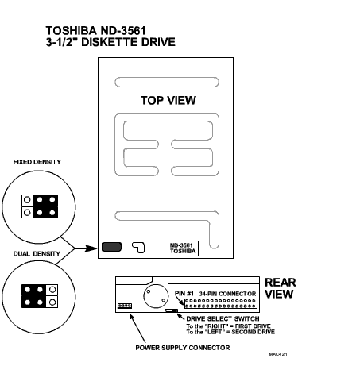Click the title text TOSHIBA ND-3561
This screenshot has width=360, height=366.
tap(96, 31)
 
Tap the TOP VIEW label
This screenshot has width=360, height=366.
tap(168, 100)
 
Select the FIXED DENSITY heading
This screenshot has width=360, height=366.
tap(37, 162)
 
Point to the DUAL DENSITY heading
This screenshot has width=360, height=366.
tap(37, 254)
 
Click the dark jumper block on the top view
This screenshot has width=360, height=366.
tap(112, 247)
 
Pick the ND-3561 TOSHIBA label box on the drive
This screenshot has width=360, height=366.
tap(183, 248)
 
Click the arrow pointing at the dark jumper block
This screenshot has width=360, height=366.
tap(87, 248)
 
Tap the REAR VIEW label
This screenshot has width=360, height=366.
tap(281, 288)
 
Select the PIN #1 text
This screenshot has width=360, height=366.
tap(184, 294)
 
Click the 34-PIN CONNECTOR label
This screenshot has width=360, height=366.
tap(227, 294)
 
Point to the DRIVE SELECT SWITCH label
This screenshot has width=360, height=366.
tap(223, 318)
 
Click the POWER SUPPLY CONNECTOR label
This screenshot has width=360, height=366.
tap(183, 348)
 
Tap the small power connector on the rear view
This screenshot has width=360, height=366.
tap(125, 306)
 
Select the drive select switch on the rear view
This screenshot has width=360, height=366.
tap(171, 310)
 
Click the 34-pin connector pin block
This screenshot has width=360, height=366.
tap(221, 303)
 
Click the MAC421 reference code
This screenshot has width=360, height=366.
tap(278, 354)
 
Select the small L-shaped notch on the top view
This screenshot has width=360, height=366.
tap(138, 248)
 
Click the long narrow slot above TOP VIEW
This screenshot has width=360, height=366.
tap(167, 82)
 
